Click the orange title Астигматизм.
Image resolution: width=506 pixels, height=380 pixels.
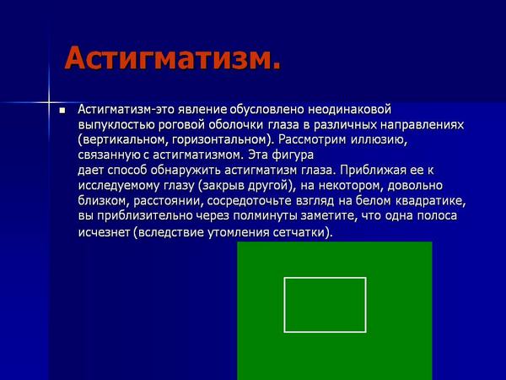pyautogui.click(x=172, y=58)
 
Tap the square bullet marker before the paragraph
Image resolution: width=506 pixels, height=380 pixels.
pyautogui.click(x=62, y=111)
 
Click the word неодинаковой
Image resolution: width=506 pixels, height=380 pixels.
pyautogui.click(x=344, y=109)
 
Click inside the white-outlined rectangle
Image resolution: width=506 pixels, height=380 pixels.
pyautogui.click(x=325, y=304)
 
